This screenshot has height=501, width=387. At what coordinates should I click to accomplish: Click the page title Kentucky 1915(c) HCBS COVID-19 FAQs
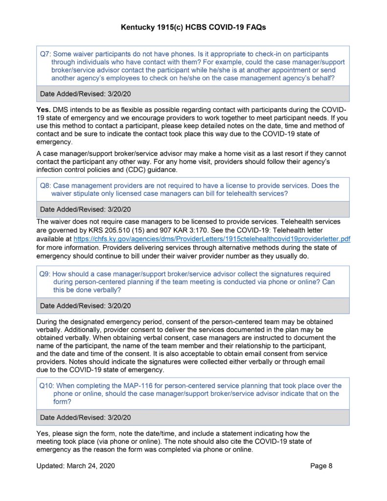pos(193,28)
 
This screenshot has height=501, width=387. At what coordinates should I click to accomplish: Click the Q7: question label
pos(46,54)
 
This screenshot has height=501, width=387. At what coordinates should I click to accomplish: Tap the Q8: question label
pos(46,185)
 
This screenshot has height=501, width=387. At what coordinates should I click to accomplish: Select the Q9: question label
pos(46,274)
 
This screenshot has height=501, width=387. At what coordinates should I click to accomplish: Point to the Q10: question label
pos(47,386)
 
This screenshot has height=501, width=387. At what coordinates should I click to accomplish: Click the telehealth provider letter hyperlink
pos(212,239)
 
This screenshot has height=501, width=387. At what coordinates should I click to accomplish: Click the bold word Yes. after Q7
pos(44,109)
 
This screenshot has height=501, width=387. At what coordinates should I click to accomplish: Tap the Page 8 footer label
pos(321,466)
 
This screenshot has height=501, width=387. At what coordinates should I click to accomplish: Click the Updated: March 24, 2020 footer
pos(76,466)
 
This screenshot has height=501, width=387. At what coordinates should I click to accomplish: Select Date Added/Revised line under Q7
pos(85,93)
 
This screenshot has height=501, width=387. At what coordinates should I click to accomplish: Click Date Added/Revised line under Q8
pos(85,209)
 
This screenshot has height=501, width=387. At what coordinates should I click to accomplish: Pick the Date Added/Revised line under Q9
pos(85,306)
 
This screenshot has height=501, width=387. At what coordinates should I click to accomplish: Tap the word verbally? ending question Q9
pos(105,290)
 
